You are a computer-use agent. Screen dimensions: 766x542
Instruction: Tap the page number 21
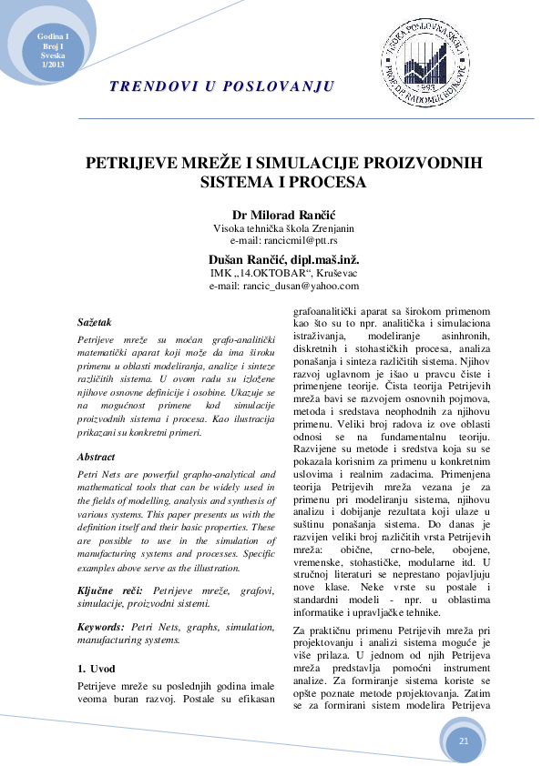pyautogui.click(x=464, y=741)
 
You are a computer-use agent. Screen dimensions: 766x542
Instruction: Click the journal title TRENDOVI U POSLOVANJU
pyautogui.click(x=221, y=86)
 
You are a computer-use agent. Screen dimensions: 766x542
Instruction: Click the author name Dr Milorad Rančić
pyautogui.click(x=271, y=215)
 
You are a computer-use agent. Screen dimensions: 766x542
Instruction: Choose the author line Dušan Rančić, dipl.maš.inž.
pyautogui.click(x=271, y=259)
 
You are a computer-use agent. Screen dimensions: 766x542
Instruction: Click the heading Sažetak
pyautogui.click(x=95, y=322)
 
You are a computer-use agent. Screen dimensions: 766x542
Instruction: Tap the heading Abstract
pyautogui.click(x=97, y=457)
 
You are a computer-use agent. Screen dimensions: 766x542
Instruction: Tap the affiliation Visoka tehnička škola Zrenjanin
pyautogui.click(x=271, y=228)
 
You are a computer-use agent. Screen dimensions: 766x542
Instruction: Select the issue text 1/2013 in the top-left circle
pyautogui.click(x=53, y=65)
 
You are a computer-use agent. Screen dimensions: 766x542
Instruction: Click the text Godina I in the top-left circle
pyautogui.click(x=53, y=35)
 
